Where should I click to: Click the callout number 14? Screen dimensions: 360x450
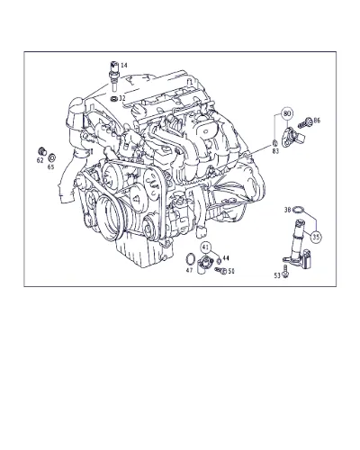(124, 65)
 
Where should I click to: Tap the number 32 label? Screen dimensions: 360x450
(121, 98)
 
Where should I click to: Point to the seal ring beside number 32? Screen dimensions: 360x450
(114, 98)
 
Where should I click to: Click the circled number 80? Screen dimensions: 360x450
(287, 113)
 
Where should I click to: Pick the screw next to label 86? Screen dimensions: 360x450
(304, 122)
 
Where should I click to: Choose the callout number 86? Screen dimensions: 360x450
(317, 121)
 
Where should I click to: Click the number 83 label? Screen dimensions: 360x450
(275, 151)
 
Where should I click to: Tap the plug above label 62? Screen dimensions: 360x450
(41, 151)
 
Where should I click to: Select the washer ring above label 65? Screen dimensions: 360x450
(52, 157)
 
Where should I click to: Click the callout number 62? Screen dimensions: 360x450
(40, 160)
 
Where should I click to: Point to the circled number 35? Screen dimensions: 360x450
(316, 237)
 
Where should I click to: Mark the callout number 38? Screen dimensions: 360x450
(288, 211)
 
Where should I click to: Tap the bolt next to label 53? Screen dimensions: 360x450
(285, 271)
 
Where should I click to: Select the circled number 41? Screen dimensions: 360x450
(205, 247)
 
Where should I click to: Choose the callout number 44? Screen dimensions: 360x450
(226, 258)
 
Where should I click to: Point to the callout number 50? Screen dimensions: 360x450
(231, 271)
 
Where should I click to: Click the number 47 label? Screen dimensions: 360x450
(189, 270)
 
